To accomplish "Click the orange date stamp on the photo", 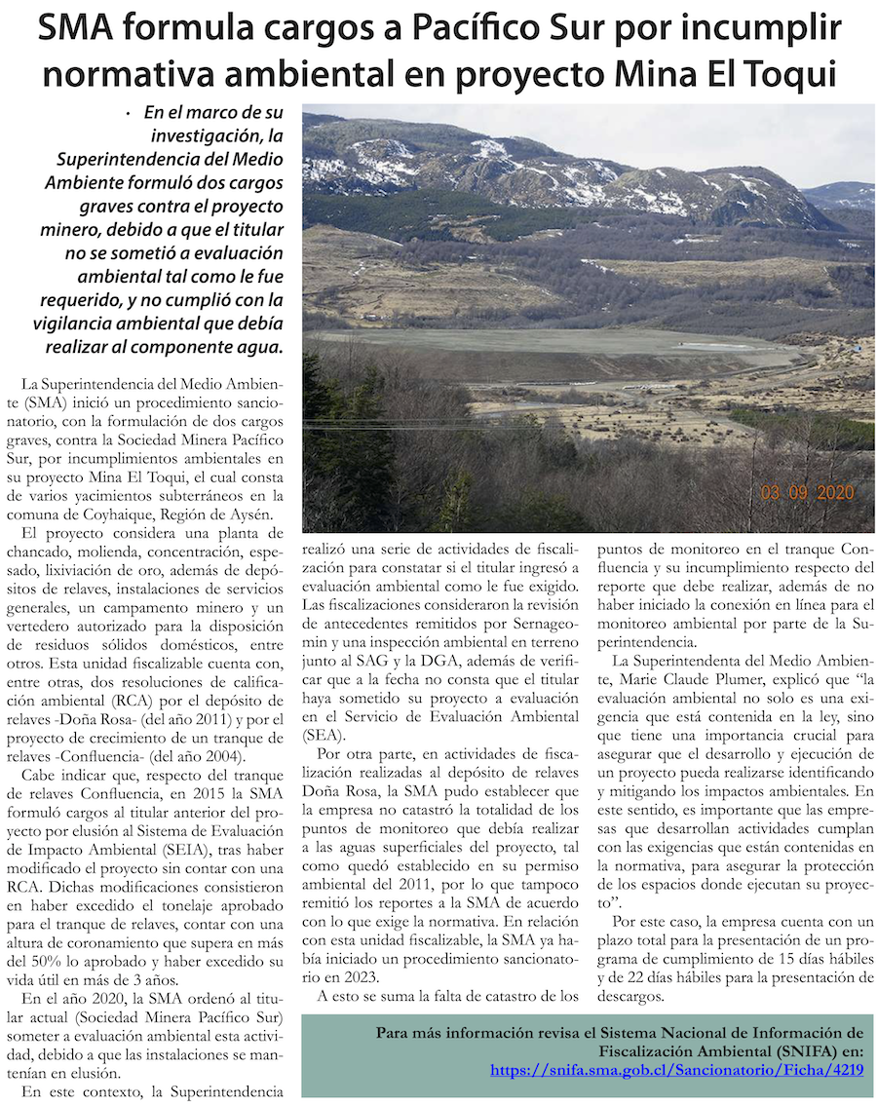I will pos(807,493).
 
